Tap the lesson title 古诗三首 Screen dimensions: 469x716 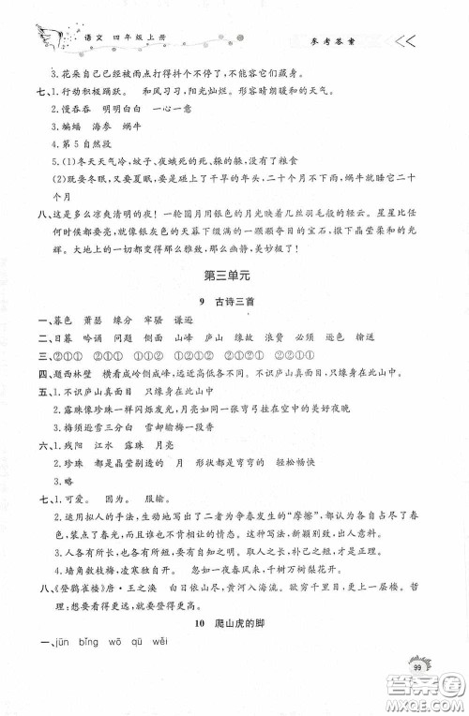pos(240,325)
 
